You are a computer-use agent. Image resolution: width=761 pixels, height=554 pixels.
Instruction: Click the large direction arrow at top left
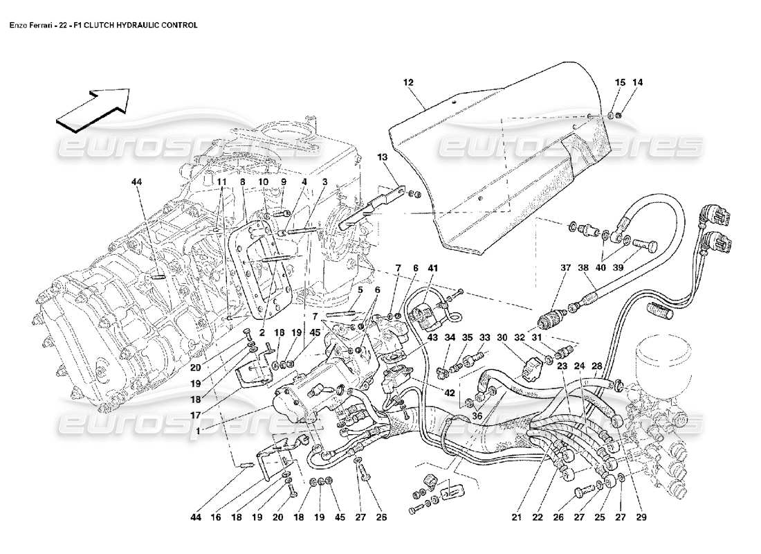(93, 109)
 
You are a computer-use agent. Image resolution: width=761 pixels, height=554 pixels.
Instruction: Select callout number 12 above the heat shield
(408, 82)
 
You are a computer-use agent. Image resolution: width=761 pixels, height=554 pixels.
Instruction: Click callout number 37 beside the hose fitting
(566, 268)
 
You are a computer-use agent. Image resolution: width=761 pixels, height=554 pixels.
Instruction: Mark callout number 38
(584, 268)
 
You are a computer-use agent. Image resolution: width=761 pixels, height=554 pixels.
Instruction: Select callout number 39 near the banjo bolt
(619, 268)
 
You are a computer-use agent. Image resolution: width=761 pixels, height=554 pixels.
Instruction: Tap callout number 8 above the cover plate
(243, 183)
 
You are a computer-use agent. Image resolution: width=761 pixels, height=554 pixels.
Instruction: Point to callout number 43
(432, 337)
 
